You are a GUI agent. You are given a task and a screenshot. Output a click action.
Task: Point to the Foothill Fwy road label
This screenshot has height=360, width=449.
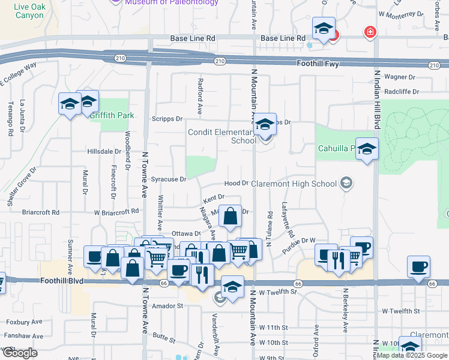(x=318, y=63)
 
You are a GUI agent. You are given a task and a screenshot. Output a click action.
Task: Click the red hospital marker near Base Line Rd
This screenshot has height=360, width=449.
(x=370, y=32)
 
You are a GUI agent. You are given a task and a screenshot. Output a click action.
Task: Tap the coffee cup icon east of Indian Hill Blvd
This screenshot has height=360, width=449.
(x=418, y=266)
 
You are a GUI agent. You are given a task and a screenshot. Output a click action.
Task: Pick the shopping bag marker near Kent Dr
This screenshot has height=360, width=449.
(x=230, y=216)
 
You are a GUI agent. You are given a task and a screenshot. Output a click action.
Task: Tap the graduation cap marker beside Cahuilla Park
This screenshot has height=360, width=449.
(x=366, y=149)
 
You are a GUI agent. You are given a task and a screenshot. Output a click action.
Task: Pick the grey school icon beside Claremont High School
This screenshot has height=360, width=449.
(x=346, y=182)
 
